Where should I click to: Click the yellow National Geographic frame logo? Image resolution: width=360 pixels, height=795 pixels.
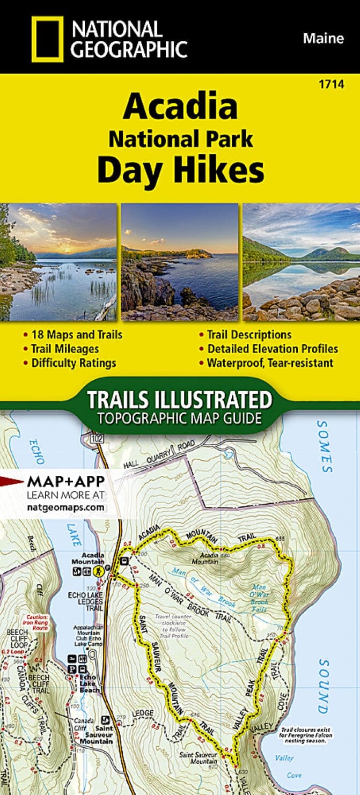[47, 38]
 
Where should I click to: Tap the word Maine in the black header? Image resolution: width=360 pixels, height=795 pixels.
[323, 38]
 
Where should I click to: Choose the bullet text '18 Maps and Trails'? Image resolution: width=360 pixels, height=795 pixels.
[76, 335]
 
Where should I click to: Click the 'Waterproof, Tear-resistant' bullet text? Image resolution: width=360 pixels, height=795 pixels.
[270, 363]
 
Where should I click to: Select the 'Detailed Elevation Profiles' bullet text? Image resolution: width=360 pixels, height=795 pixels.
[273, 349]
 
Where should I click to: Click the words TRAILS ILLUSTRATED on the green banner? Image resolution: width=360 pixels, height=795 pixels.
[180, 400]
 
